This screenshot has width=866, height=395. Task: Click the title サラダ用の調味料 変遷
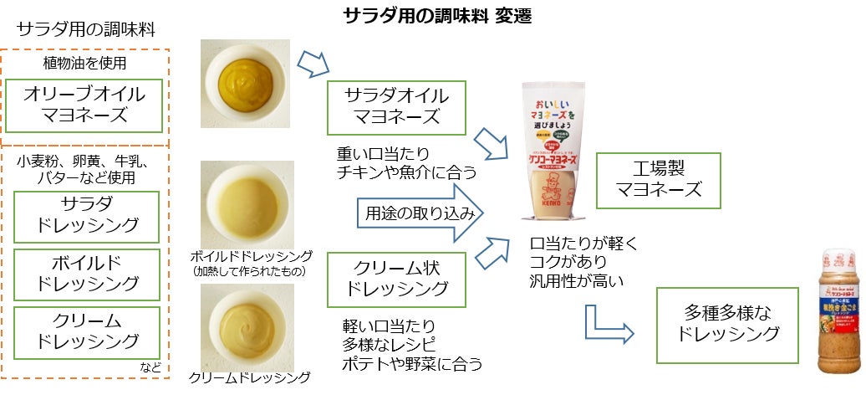coord(437,16)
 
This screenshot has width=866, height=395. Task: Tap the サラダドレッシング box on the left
coord(88,216)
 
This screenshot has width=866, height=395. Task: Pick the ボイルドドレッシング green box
coord(88,274)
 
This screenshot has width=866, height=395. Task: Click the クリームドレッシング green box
coord(88,331)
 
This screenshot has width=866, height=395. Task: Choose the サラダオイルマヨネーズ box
coord(396,106)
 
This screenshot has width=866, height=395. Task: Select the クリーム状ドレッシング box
coord(396,277)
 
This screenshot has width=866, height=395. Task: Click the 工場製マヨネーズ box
coord(659,180)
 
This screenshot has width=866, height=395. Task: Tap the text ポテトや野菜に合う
coord(412,364)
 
